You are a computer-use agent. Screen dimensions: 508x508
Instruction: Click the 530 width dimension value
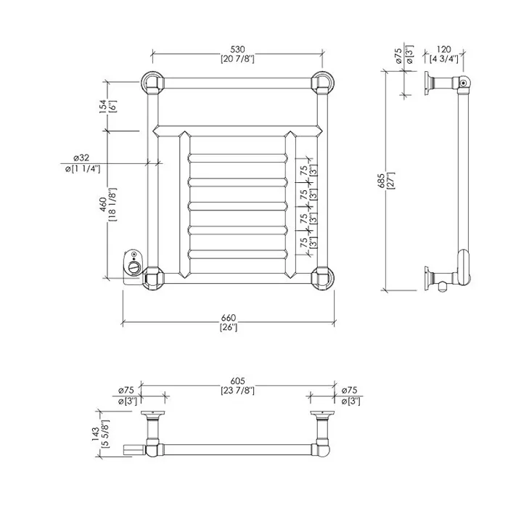click(237, 49)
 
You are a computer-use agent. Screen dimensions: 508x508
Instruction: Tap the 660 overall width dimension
click(229, 318)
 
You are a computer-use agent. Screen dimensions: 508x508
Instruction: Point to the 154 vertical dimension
click(103, 106)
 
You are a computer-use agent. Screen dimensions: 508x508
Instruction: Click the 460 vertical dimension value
click(103, 205)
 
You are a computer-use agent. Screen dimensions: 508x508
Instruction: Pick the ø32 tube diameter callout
click(81, 157)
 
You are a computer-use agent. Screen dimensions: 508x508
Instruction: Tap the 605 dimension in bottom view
click(237, 381)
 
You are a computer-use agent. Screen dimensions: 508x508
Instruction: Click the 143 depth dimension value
click(95, 434)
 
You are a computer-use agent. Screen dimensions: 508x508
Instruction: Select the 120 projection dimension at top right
click(443, 49)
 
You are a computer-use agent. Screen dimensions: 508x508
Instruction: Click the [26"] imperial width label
click(229, 327)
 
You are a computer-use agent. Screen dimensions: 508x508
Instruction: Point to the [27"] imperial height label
click(390, 181)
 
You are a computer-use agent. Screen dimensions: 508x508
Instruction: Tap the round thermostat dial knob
click(134, 268)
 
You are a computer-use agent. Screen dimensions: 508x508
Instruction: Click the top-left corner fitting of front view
click(152, 83)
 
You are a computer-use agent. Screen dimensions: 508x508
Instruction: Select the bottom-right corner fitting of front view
click(323, 278)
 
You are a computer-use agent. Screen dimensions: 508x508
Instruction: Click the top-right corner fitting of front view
click(323, 83)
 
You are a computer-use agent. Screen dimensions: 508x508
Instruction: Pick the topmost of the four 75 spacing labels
click(303, 171)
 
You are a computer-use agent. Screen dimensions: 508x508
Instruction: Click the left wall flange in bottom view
click(152, 414)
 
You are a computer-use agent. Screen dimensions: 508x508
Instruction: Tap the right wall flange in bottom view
click(323, 414)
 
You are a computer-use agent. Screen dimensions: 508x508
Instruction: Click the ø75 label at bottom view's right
click(349, 390)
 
